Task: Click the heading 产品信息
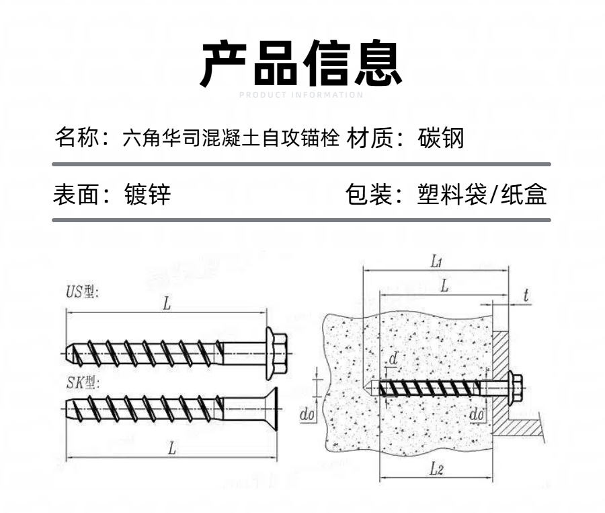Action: pos(302,64)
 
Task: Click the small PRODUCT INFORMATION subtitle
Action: pos(301,95)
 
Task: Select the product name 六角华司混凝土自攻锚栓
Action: pos(231,139)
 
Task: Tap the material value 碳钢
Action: pos(441,139)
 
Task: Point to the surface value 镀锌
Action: pos(148,195)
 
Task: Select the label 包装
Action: pos(367,195)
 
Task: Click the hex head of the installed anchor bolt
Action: pos(516,388)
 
